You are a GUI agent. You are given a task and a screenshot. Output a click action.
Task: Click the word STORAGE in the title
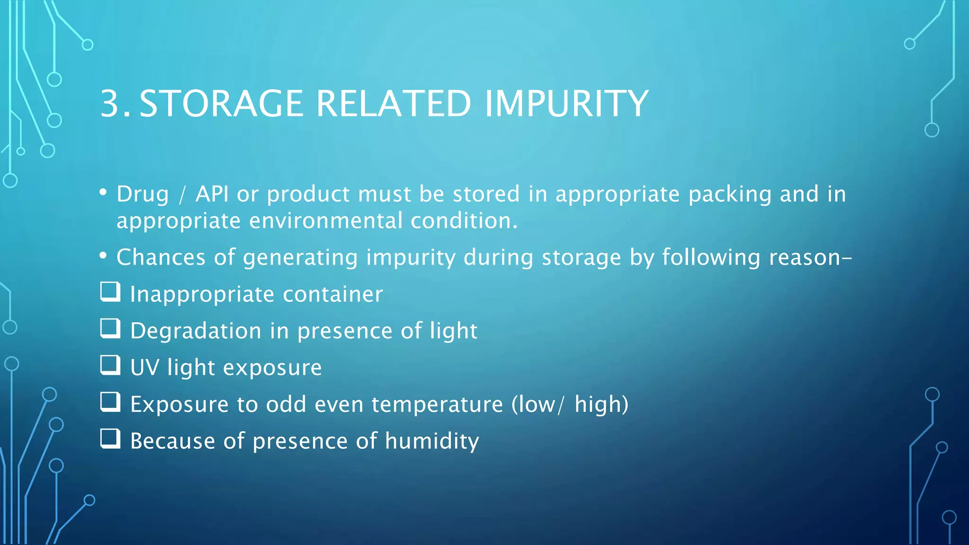tap(221, 104)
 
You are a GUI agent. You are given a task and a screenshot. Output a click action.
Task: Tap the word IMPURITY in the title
tap(566, 104)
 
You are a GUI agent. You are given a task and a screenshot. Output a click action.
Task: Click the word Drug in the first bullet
tap(142, 194)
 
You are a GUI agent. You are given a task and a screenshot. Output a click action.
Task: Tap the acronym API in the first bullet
tap(212, 194)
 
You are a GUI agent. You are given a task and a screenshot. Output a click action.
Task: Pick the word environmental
tap(326, 221)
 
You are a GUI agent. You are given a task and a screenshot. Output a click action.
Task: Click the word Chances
tap(161, 257)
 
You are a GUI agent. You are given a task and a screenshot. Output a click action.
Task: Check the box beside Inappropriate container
tap(110, 292)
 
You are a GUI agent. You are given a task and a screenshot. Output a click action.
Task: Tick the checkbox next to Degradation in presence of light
tap(110, 328)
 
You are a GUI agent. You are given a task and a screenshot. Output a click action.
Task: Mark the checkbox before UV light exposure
tap(110, 365)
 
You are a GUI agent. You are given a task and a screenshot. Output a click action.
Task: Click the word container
tap(333, 294)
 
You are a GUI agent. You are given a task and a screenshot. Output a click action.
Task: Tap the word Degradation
tap(195, 331)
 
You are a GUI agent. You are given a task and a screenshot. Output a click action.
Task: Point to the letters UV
tap(144, 368)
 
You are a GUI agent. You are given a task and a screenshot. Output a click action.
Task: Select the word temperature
tap(437, 404)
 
